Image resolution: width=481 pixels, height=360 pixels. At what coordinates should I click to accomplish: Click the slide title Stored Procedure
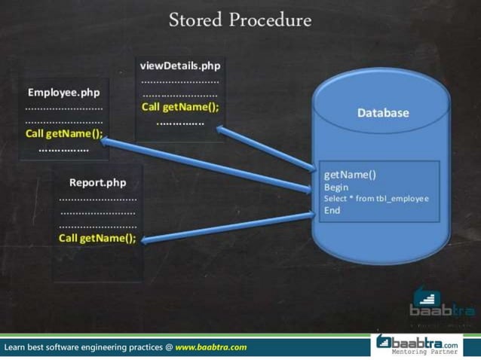point(240,20)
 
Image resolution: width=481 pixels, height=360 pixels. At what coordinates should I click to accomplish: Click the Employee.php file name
point(63,93)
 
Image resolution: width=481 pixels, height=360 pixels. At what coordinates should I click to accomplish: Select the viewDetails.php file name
point(180,66)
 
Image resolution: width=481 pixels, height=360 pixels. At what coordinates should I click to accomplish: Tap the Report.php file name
point(97,182)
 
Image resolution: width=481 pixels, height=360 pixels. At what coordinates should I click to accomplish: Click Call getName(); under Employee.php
point(63,134)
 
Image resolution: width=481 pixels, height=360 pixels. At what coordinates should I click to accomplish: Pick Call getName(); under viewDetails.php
point(180,107)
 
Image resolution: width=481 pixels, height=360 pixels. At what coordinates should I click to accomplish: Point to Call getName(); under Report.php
point(97,238)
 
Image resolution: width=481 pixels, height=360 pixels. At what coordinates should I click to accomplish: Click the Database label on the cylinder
point(383,113)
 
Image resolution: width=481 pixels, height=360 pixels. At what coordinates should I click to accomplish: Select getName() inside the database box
point(350,175)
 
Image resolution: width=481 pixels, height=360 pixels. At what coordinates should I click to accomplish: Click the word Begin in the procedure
point(336,187)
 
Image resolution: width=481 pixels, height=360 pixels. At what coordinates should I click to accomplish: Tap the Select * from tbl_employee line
point(376,198)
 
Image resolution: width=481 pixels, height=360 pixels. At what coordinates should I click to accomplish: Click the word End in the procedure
point(332,210)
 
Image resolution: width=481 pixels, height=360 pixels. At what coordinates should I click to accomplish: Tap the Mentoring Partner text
point(424,352)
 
